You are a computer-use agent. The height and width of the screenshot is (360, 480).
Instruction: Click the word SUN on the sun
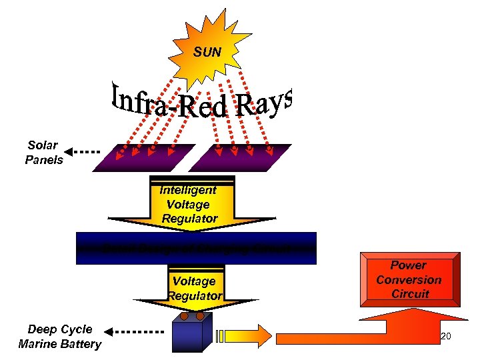pos(207,52)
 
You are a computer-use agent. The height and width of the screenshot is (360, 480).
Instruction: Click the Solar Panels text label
pos(44,153)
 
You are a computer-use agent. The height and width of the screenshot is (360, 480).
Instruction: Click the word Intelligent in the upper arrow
pos(188,190)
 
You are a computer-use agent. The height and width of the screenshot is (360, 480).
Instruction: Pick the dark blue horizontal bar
pos(196,247)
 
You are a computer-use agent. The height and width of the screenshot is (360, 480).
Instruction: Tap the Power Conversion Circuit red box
pos(409,279)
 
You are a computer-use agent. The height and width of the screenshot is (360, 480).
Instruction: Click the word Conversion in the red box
pos(409,280)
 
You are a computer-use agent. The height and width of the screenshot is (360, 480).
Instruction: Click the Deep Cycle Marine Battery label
pos(60,337)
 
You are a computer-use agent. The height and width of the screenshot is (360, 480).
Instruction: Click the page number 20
pos(446,337)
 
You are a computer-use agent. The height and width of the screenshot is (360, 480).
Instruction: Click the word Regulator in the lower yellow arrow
pos(195,295)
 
